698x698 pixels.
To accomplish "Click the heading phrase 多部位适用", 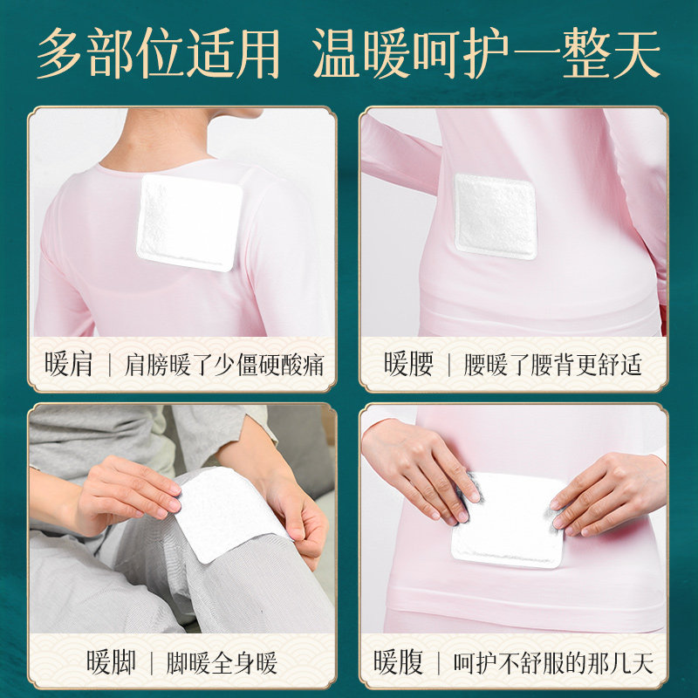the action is [158, 53].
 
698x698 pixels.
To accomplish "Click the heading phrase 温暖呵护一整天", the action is [486, 53].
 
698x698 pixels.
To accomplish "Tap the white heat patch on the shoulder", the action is [189, 222].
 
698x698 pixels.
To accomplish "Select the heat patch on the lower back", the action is [495, 216].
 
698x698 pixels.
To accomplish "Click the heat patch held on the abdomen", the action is [508, 521].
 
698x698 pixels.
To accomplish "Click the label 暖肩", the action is [69, 364].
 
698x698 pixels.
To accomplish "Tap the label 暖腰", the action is [408, 364].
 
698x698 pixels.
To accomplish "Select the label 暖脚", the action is [111, 663].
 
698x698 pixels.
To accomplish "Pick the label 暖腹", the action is [398, 663].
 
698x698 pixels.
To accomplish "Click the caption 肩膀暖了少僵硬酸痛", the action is [224, 365].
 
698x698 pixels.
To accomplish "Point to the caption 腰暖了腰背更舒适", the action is [552, 365].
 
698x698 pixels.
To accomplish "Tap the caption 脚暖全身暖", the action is [222, 663].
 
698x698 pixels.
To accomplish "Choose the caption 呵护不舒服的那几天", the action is [553, 663].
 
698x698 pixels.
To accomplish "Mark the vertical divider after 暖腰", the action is [448, 365].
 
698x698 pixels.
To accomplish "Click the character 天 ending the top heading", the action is [637, 54].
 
